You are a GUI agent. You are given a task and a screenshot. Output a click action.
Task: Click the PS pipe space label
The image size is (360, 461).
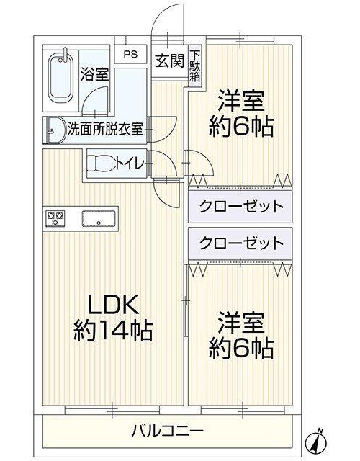click(x=130, y=55)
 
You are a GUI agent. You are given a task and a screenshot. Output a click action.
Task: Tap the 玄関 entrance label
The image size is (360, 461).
click(x=170, y=61)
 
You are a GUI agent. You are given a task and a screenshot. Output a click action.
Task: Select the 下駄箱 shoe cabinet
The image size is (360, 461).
click(x=195, y=66)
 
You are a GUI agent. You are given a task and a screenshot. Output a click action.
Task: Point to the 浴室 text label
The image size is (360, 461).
click(x=95, y=75)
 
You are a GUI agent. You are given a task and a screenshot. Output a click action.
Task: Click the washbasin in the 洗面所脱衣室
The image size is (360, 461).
click(x=55, y=130)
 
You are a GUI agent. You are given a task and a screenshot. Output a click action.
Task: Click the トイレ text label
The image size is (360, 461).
click(x=130, y=164)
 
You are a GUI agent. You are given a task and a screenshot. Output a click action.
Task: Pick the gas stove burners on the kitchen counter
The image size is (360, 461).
click(x=55, y=219)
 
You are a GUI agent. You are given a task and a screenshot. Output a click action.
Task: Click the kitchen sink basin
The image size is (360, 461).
click(x=99, y=219)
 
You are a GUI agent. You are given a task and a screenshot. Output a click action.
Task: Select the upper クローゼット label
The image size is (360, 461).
click(x=241, y=206)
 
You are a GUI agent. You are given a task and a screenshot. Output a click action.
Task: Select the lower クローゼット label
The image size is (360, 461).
click(x=241, y=243)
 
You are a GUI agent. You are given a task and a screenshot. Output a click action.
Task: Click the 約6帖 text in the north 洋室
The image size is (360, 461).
click(x=241, y=127)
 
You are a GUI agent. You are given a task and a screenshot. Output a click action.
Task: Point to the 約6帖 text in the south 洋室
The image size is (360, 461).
click(x=241, y=349)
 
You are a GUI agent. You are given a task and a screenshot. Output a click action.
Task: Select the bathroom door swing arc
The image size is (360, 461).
click(x=91, y=93)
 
